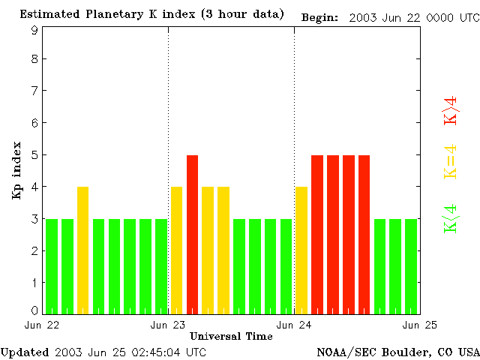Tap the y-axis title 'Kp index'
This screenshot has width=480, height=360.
(16, 170)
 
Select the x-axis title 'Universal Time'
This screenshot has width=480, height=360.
(231, 336)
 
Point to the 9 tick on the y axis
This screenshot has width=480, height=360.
(34, 30)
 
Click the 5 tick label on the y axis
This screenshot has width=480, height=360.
(34, 154)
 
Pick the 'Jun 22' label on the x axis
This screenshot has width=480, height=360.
(42, 325)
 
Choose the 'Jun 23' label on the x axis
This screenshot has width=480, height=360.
(168, 325)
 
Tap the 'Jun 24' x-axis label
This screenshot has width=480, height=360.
(294, 325)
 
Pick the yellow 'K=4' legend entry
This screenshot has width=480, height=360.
(450, 162)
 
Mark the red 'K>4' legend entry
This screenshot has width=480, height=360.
(450, 109)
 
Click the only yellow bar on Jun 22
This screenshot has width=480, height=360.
(82, 250)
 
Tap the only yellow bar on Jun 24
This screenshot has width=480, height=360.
(301, 250)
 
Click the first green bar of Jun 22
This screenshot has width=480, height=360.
(52, 266)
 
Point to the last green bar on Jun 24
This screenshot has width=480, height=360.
(411, 266)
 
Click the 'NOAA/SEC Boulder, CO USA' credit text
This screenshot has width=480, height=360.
(397, 352)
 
